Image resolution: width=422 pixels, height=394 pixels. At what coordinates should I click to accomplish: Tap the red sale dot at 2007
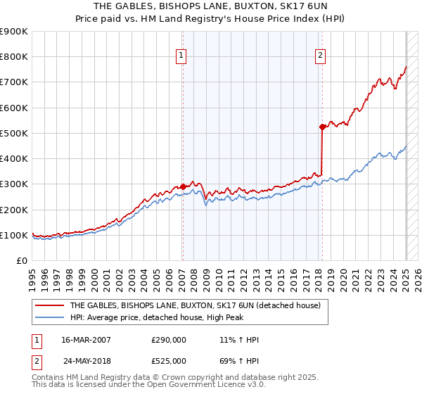183,186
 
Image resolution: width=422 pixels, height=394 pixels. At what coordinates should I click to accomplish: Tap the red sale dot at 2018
322,127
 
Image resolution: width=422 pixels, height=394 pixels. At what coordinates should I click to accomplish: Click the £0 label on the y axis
21,260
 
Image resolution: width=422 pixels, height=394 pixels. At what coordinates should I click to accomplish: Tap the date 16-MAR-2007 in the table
85,341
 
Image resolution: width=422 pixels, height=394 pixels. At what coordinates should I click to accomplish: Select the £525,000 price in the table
169,361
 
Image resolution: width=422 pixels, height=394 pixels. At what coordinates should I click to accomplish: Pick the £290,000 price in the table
169,341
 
